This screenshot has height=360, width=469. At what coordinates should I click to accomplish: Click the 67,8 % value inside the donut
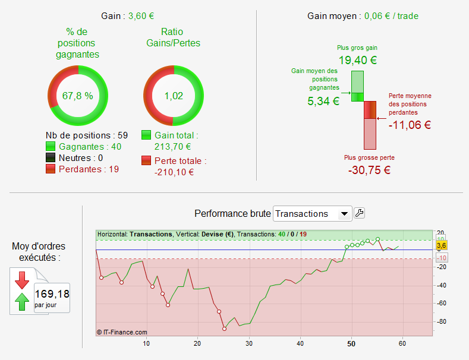[x=78, y=96]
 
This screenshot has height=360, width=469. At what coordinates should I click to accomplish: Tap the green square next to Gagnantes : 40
[x=51, y=147]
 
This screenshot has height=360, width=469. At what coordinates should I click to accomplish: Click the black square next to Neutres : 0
[x=51, y=158]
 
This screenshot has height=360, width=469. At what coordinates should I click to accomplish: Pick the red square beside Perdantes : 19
[x=51, y=169]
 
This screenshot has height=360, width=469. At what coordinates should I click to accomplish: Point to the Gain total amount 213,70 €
[x=172, y=147]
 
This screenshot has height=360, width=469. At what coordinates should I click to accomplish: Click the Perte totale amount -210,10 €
[x=174, y=172]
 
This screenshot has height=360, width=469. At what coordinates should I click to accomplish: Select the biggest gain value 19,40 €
[x=357, y=60]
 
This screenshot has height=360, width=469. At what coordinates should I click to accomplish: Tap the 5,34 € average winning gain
[x=323, y=101]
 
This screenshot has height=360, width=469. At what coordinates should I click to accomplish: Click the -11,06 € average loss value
[x=410, y=125]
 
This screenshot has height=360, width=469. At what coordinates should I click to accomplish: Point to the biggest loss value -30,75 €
[x=369, y=169]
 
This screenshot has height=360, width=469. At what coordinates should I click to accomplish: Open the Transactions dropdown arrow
[x=344, y=214]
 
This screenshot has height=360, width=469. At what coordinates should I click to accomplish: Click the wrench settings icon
[x=359, y=213]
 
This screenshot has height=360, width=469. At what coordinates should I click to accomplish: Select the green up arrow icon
[x=22, y=302]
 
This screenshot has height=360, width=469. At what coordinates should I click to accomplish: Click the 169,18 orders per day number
[x=52, y=293]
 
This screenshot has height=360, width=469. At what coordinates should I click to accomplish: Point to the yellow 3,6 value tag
[x=441, y=245]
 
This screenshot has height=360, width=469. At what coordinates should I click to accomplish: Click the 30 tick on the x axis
[x=249, y=343]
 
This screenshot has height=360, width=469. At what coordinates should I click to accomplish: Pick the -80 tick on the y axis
[x=441, y=322]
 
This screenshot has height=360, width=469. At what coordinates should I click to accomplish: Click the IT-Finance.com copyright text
[x=122, y=332]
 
